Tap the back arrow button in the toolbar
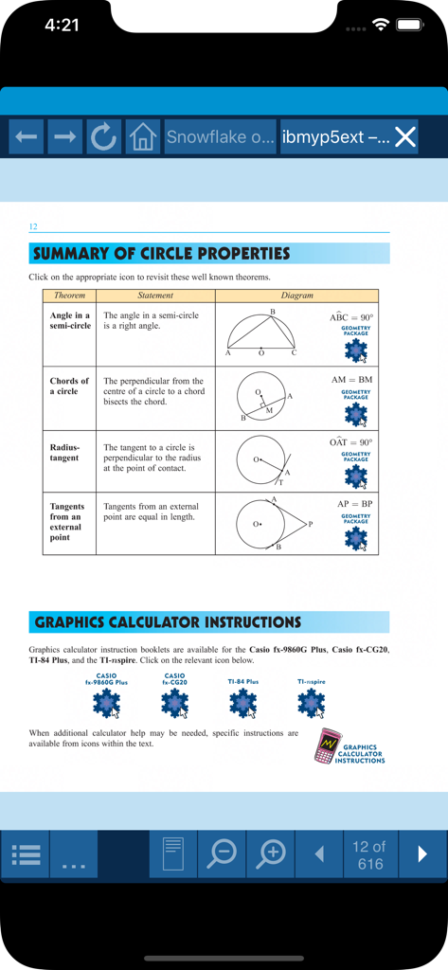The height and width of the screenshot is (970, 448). (x=27, y=137)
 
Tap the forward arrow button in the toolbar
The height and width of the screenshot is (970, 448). (x=65, y=137)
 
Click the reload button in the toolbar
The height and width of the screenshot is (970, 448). (x=103, y=137)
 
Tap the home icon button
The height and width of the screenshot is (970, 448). (x=142, y=137)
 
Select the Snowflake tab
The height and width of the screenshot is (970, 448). (x=220, y=137)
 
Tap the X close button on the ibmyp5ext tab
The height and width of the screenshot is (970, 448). (x=405, y=137)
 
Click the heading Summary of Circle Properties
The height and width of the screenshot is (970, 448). (x=161, y=254)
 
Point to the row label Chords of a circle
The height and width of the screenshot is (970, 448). (x=69, y=386)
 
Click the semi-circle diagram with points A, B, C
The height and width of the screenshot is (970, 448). (x=261, y=333)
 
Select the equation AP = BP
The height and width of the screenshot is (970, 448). (x=355, y=504)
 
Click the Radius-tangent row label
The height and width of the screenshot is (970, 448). (x=66, y=452)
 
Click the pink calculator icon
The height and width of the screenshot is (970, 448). (x=327, y=745)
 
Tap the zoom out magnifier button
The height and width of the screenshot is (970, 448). (x=222, y=853)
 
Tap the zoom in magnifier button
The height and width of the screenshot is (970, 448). (x=271, y=853)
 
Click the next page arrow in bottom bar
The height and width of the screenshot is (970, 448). (x=422, y=854)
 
